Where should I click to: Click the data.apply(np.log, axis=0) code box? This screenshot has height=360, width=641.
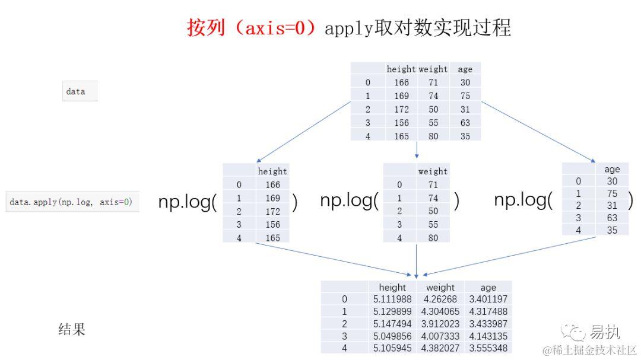[71, 202]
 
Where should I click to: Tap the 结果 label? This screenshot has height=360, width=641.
[72, 330]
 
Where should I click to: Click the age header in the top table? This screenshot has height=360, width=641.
[465, 69]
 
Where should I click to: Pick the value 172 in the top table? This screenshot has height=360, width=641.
[401, 109]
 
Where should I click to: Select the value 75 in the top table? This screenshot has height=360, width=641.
[465, 96]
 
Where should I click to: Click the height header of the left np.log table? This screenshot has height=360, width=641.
[272, 171]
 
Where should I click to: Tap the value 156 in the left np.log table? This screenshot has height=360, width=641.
[272, 224]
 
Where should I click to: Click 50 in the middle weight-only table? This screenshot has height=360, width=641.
[433, 211]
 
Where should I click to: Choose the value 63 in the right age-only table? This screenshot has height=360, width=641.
[612, 218]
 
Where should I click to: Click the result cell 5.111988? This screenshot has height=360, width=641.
[392, 300]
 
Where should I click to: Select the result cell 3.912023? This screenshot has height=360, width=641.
[440, 324]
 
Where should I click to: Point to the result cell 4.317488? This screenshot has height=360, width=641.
[488, 312]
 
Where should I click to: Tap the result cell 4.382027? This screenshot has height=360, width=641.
[440, 348]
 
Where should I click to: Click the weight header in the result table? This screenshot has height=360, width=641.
[440, 288]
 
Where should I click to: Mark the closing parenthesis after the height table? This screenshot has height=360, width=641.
[295, 203]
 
